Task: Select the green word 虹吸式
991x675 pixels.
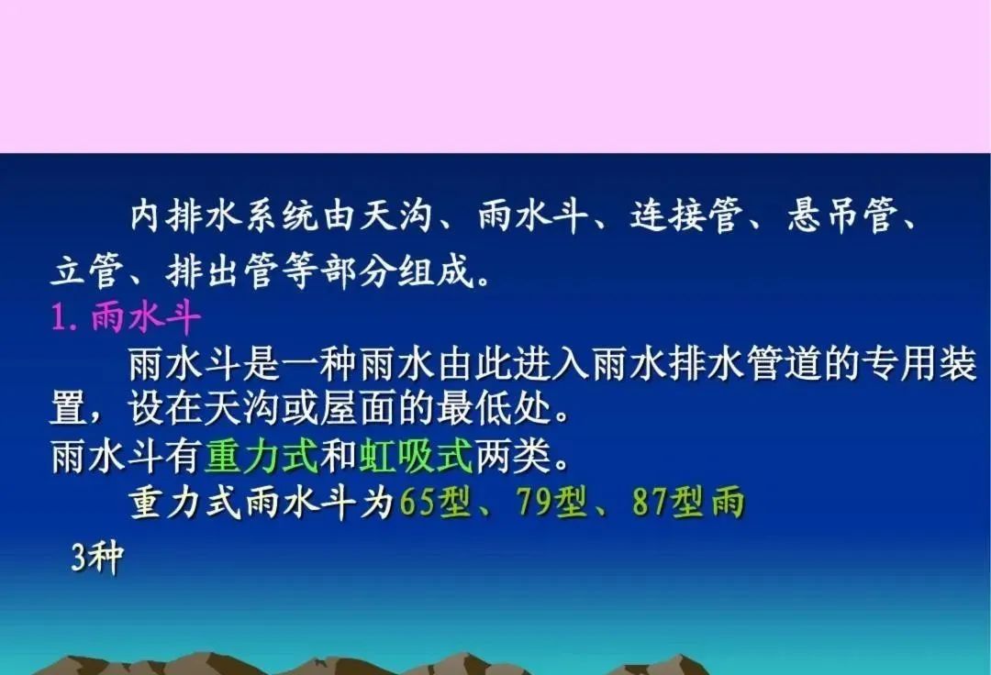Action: tap(416, 455)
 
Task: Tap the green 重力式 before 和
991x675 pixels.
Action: tap(261, 455)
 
